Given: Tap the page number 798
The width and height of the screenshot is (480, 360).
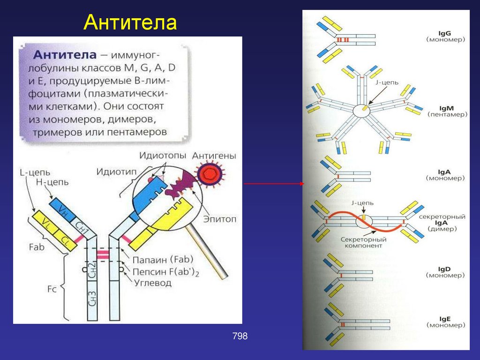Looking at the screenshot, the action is [240, 336].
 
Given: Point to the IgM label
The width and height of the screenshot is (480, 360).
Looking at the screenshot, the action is [445, 108].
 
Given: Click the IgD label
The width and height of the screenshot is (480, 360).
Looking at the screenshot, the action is [445, 269].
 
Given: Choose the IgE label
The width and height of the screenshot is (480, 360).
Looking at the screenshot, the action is [445, 319].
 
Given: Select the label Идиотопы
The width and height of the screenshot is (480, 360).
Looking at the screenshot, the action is [162, 155].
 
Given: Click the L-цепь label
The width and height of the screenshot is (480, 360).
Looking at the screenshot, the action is [35, 172].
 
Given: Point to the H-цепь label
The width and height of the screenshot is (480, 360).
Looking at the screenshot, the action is [52, 182].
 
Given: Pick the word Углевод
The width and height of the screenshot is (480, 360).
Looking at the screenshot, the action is [153, 283].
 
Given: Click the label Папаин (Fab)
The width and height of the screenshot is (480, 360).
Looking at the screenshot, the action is [164, 259].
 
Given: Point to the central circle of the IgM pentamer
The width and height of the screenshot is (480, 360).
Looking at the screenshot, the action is [361, 111].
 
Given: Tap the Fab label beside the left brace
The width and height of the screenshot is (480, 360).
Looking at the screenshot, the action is [36, 247].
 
